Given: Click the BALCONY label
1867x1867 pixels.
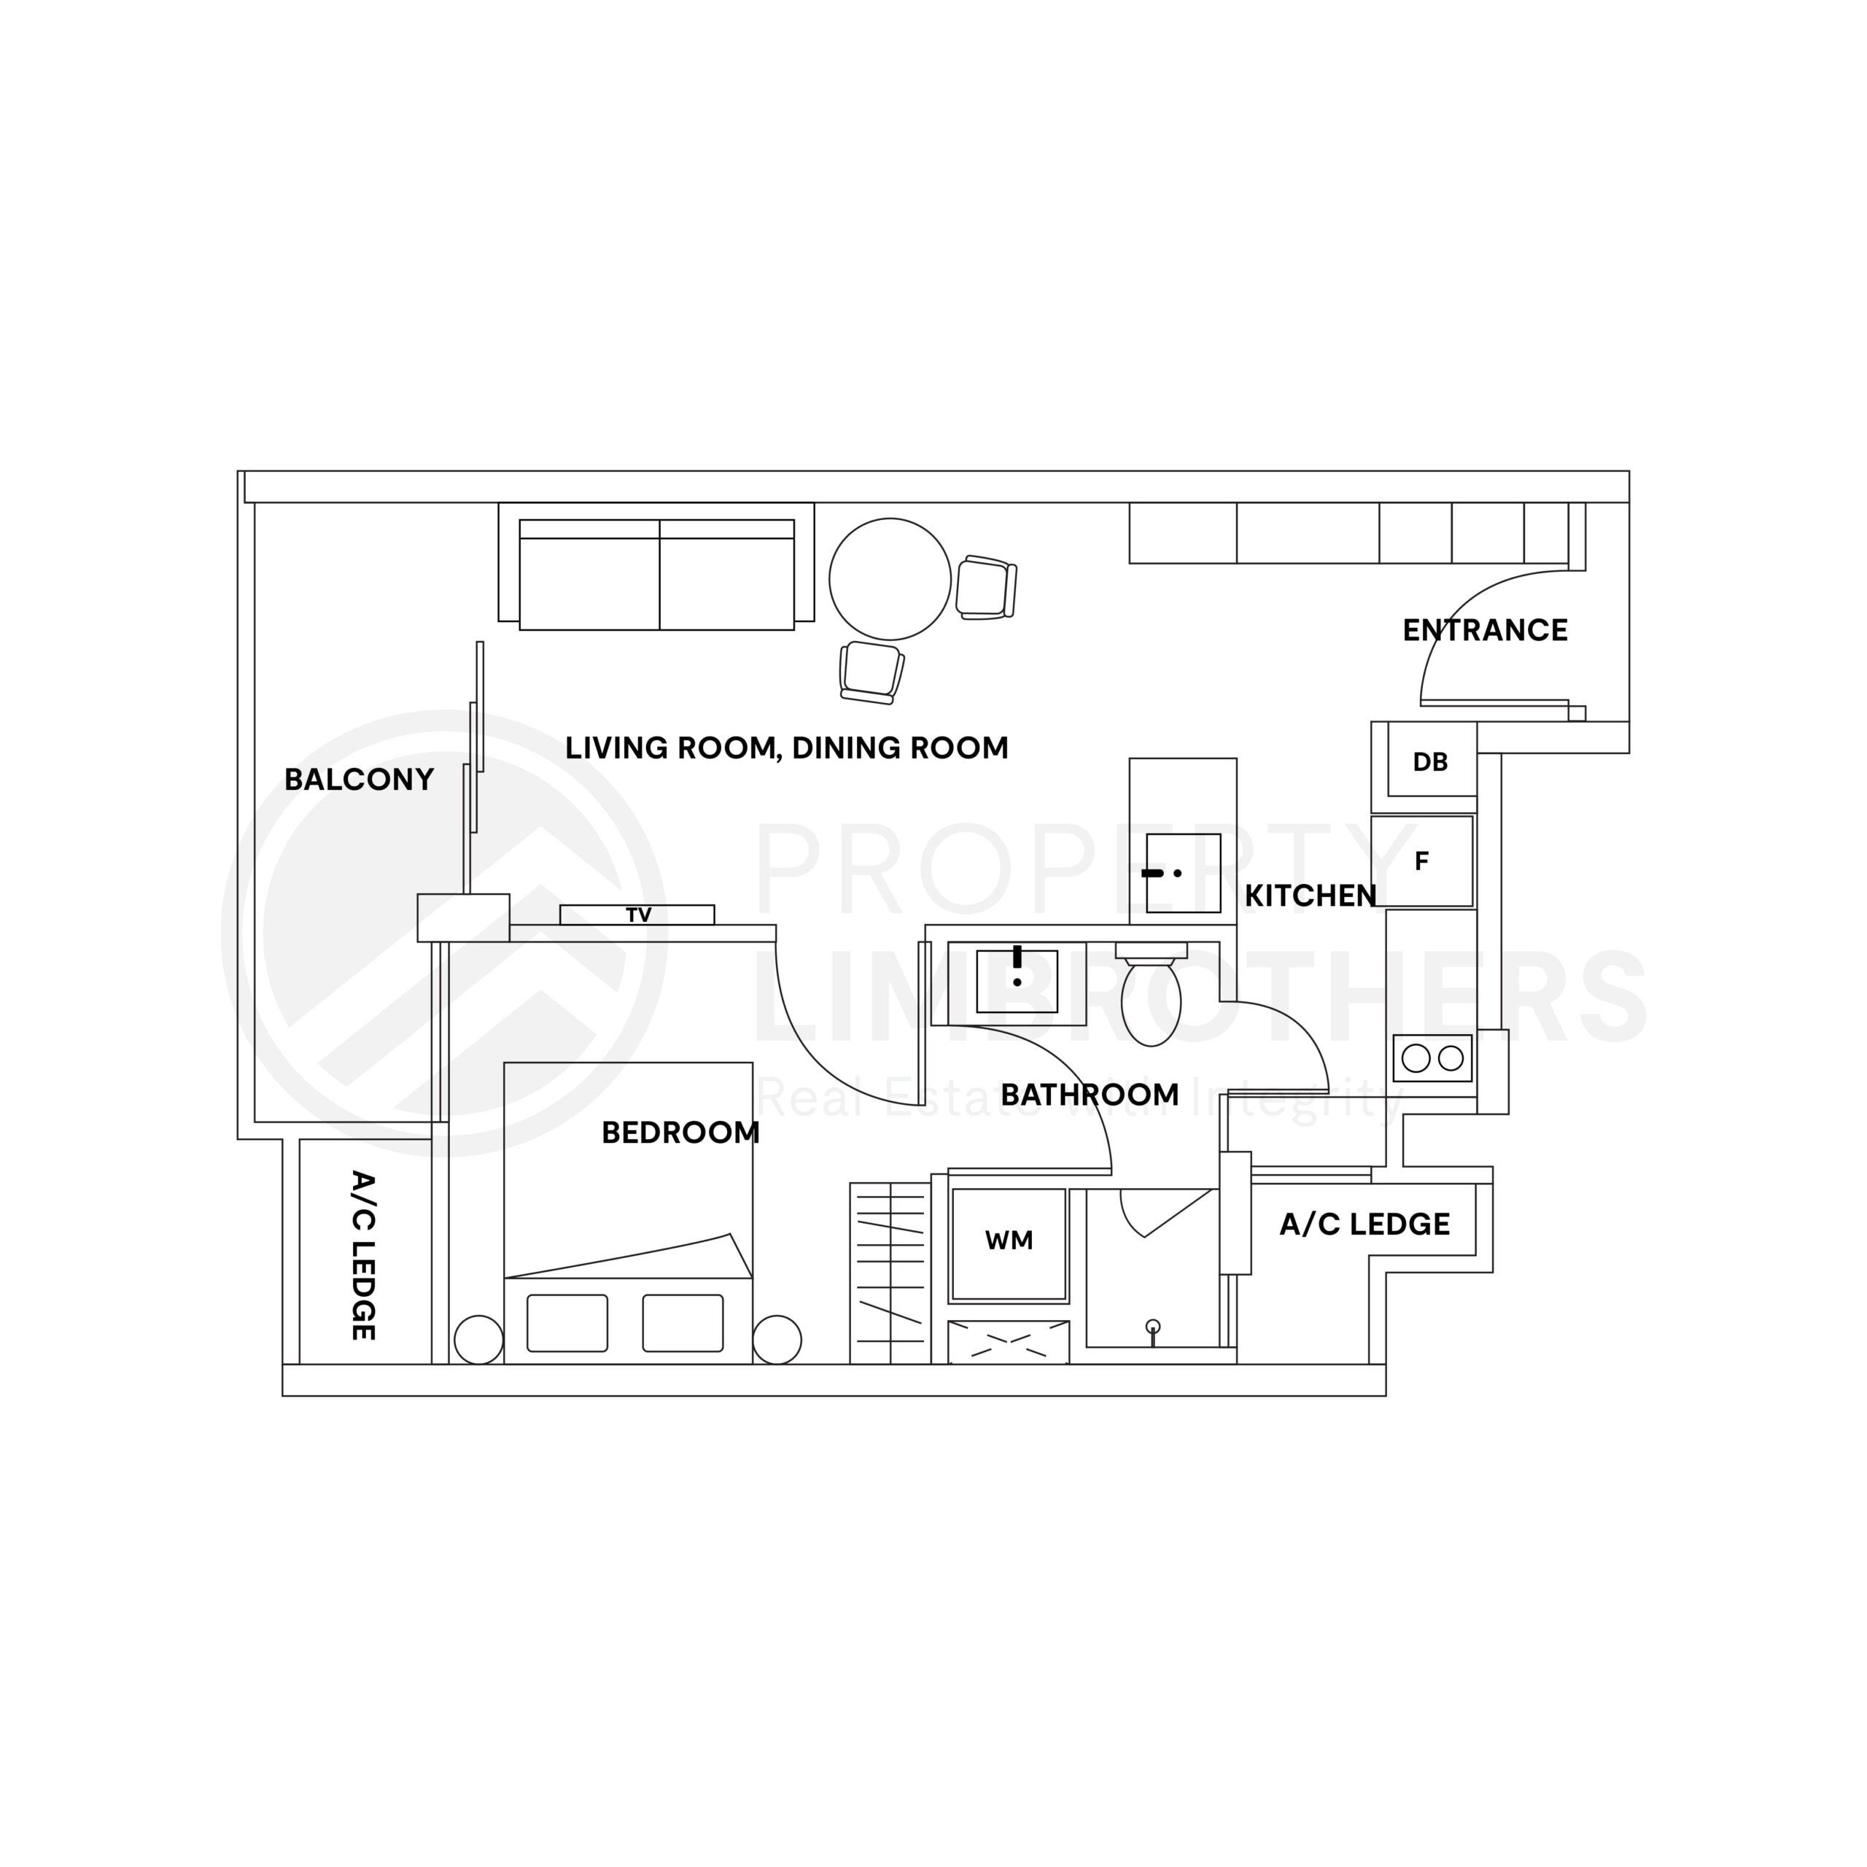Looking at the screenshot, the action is click(x=360, y=780).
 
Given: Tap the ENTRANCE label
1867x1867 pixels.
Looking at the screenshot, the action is click(x=1486, y=631).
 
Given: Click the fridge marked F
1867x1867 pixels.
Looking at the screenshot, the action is click(x=1422, y=861).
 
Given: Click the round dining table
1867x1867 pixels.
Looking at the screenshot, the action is click(x=890, y=579).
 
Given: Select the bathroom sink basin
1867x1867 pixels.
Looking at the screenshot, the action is click(x=1017, y=981).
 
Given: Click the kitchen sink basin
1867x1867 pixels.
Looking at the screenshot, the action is click(x=1184, y=874).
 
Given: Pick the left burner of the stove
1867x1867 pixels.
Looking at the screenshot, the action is click(x=1416, y=1058).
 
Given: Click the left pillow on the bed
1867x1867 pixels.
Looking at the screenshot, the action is click(x=567, y=1323).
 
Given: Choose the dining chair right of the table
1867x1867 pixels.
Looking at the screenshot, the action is click(x=987, y=588).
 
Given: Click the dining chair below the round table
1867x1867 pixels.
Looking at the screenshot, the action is click(x=872, y=672).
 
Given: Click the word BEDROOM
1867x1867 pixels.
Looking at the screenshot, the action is click(x=680, y=1133).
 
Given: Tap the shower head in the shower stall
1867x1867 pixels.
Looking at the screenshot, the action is click(x=1152, y=1330).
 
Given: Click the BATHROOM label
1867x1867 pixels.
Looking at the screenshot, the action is click(x=1090, y=1095).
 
